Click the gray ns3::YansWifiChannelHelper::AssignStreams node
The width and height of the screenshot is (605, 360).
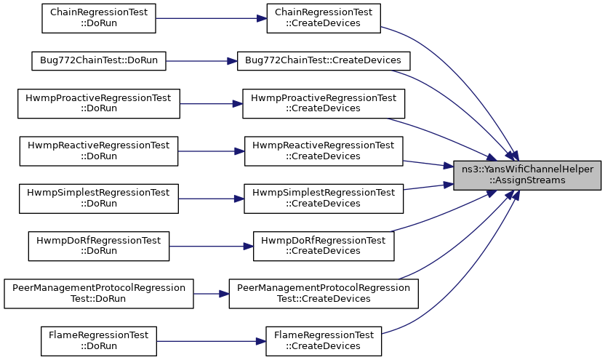[527, 175]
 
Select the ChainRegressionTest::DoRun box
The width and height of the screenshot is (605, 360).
[99, 18]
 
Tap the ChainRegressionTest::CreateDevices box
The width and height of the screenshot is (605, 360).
[324, 18]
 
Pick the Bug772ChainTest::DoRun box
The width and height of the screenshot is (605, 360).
[99, 61]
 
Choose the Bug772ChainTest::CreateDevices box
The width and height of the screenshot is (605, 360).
[324, 61]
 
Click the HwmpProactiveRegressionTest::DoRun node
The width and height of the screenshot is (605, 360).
[99, 103]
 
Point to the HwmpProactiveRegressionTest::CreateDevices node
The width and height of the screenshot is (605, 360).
[324, 103]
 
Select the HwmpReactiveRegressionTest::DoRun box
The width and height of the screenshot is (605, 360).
[99, 151]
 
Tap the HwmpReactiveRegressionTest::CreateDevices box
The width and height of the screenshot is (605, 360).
[324, 151]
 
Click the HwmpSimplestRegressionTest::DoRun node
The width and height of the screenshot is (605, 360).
[99, 199]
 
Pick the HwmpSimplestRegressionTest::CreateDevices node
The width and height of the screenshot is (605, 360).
[324, 199]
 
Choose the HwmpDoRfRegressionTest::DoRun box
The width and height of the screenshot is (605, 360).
[99, 246]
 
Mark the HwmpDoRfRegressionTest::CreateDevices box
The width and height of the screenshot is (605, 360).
[324, 246]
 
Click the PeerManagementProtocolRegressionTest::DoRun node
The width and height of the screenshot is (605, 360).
[99, 294]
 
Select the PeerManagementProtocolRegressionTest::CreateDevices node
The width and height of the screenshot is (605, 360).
[324, 294]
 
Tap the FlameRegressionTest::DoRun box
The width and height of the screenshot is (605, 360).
[99, 341]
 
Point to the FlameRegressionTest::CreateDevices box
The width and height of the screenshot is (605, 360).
[324, 341]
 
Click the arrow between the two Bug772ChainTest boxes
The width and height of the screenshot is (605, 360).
[201, 61]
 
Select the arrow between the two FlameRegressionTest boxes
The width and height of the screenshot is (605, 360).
[211, 341]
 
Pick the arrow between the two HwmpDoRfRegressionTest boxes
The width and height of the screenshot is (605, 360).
[211, 246]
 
